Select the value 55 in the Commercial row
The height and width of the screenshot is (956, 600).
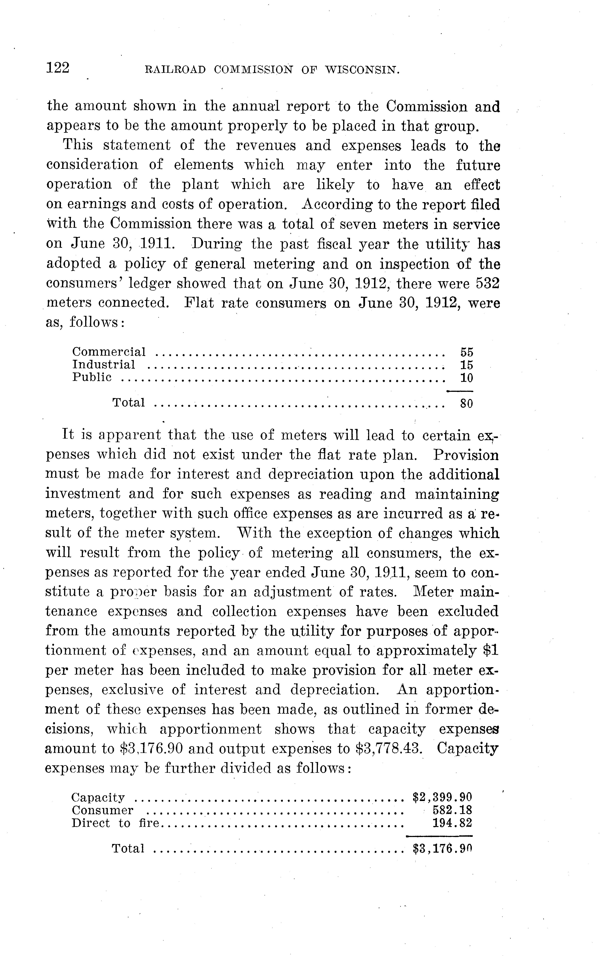point(467,352)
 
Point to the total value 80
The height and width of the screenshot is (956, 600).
point(467,404)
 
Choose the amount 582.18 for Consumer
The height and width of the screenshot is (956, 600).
point(452,810)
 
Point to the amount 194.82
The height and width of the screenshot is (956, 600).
point(452,823)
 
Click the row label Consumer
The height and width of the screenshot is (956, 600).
point(102,810)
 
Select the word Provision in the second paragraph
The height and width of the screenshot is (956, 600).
point(466,455)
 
